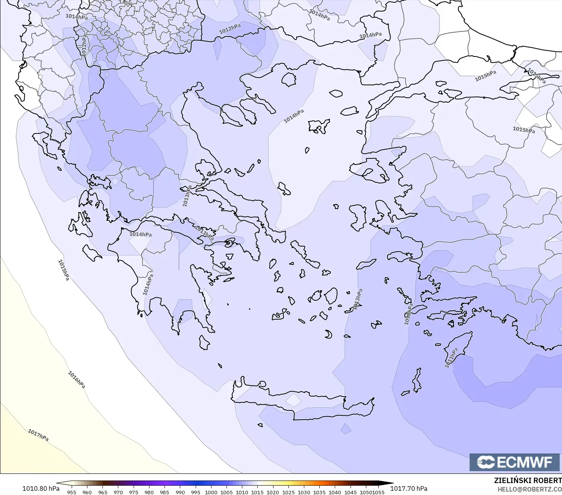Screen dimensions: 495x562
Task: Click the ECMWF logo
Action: (514, 462)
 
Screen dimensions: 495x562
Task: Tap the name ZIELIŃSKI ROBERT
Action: (528, 481)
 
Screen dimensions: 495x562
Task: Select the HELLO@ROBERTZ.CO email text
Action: (529, 490)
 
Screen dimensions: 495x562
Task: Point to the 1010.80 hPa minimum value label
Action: (41, 488)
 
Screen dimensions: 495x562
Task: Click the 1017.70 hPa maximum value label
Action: (409, 488)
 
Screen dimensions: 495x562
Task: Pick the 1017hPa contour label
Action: (38, 435)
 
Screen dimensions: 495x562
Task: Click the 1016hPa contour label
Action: (77, 380)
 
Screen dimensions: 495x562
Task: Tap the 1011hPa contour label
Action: (451, 358)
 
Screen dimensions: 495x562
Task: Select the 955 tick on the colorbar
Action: (72, 492)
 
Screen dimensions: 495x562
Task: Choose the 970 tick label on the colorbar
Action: (118, 492)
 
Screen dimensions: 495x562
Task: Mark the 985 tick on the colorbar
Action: (164, 492)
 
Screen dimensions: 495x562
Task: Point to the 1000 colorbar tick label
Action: (211, 492)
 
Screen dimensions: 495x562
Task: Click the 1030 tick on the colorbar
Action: (304, 492)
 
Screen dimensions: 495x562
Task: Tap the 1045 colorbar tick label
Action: (350, 492)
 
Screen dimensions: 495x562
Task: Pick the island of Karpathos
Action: (417, 380)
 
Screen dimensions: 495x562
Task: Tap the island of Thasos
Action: (289, 80)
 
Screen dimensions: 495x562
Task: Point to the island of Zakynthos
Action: (92, 253)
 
